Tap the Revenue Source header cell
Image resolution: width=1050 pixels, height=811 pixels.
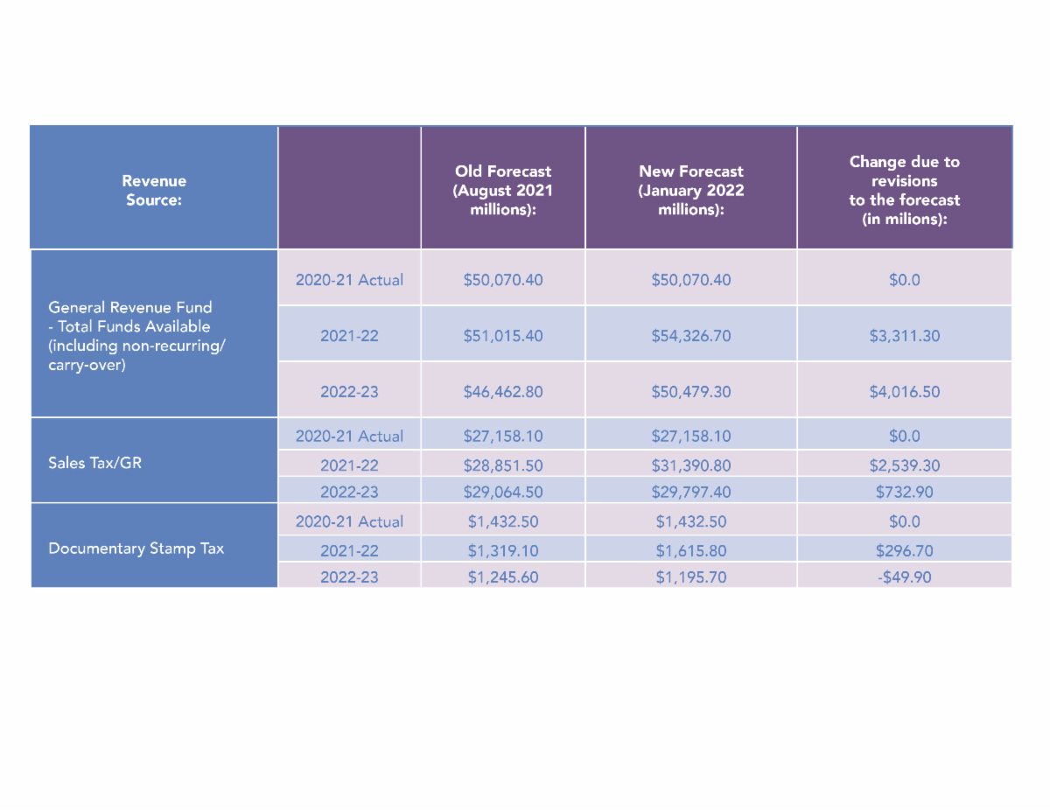pos(154,190)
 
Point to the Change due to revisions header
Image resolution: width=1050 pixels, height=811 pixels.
pos(904,190)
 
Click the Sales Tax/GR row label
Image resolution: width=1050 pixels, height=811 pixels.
pos(94,463)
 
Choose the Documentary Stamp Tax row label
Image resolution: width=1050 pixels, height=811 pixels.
pos(136,549)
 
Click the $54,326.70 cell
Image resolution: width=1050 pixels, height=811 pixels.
pos(691,336)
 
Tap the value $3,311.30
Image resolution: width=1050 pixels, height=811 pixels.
pos(905,336)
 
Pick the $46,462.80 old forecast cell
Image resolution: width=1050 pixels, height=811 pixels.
pos(503,392)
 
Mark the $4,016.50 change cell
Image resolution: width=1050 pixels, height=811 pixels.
pos(905,392)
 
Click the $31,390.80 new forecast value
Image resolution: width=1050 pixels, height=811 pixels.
pos(691,465)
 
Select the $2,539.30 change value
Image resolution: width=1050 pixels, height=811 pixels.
pos(905,465)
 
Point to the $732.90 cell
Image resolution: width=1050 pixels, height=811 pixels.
pos(905,492)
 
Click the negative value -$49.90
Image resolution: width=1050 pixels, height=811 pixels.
pos(905,577)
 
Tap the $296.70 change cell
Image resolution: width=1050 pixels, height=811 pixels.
pos(905,550)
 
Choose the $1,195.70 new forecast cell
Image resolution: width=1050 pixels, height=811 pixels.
pos(691,577)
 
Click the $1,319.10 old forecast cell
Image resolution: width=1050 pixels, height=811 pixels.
pos(503,550)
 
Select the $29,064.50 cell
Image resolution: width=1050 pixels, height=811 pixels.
pos(503,492)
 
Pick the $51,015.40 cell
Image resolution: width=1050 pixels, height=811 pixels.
pos(503,336)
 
